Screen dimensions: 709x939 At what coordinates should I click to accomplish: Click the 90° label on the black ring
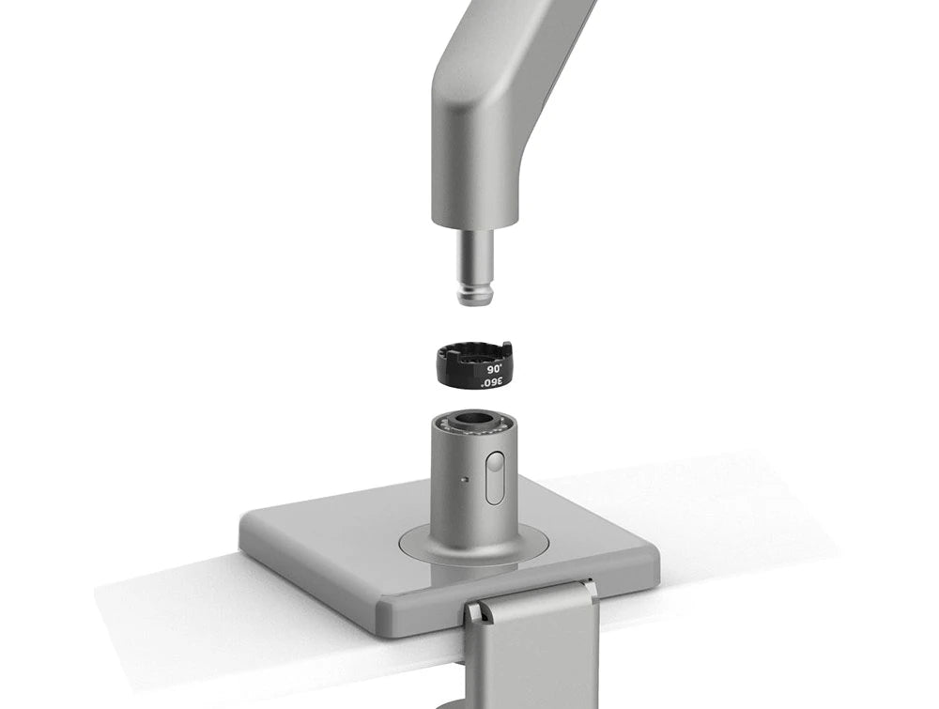pyautogui.click(x=495, y=369)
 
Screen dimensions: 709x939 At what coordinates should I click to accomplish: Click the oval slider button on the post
pyautogui.click(x=495, y=477)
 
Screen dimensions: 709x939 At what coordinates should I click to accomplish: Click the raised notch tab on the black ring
pyautogui.click(x=507, y=346)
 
